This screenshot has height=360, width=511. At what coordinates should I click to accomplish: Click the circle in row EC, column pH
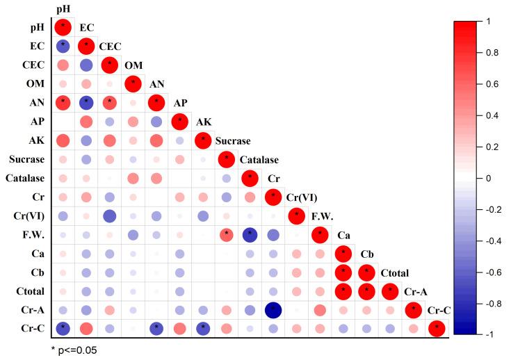point(63,47)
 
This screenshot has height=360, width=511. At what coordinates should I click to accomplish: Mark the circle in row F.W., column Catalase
point(250,234)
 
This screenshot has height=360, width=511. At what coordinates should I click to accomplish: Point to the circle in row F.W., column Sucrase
point(227,234)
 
